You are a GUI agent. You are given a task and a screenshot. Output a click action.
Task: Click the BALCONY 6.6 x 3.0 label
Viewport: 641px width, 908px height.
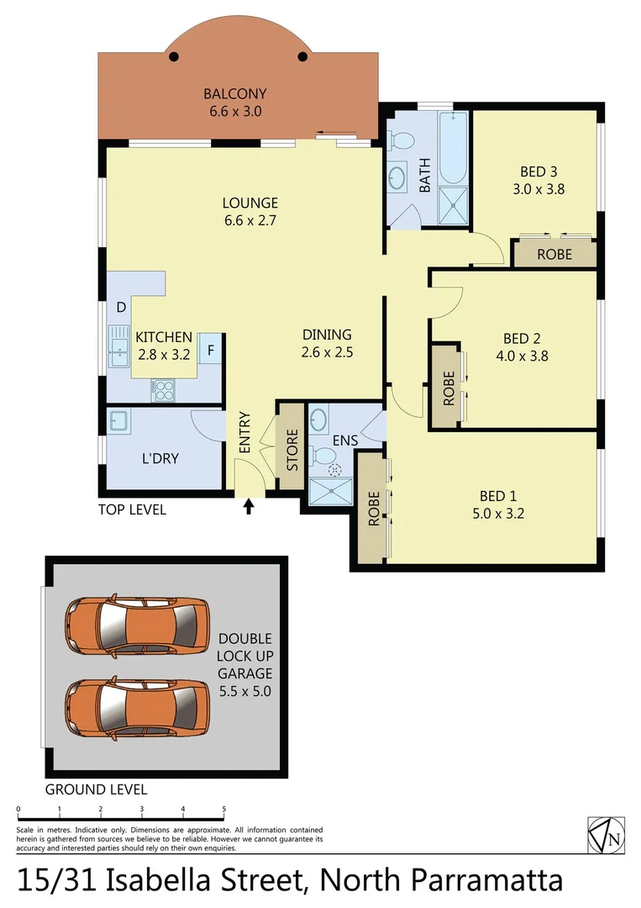tap(237, 102)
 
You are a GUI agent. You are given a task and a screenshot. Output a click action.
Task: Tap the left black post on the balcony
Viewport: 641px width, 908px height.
tap(174, 57)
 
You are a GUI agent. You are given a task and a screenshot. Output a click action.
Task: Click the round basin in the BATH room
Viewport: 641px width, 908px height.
tap(396, 177)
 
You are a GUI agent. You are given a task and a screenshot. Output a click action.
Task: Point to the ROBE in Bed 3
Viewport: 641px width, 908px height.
tap(554, 254)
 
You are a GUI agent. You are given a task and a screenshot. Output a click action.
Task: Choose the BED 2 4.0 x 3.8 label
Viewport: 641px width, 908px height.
tap(521, 347)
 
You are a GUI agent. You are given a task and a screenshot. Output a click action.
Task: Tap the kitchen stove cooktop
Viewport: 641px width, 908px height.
tap(162, 388)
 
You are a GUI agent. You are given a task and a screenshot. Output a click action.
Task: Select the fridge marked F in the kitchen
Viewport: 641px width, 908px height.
tap(211, 349)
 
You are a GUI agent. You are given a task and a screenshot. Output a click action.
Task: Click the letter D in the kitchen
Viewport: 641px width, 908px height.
tap(121, 308)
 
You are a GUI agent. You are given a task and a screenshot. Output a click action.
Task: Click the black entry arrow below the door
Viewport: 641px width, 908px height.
tap(249, 506)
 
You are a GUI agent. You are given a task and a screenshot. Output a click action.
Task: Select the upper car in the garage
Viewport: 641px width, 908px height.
tap(136, 626)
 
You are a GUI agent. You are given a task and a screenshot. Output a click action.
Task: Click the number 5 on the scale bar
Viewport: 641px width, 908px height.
tap(224, 810)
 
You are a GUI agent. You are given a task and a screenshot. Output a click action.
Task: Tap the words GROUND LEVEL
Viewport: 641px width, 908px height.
tap(96, 789)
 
